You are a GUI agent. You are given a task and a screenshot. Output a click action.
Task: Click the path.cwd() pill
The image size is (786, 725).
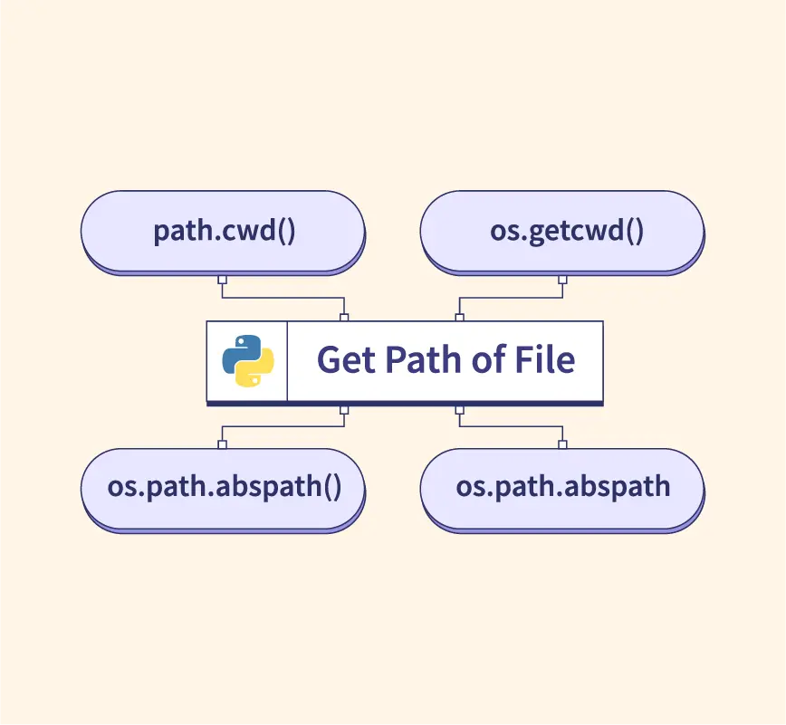pos(223,231)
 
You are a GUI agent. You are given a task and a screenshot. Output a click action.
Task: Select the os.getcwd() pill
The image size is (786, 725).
pos(561,231)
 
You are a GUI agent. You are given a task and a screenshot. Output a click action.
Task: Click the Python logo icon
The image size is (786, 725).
pos(247,360)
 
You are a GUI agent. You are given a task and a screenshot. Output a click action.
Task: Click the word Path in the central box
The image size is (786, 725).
pos(415,360)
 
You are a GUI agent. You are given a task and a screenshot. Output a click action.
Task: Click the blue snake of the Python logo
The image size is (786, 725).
pos(240,351)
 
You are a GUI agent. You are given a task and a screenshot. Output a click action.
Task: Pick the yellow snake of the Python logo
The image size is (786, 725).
pos(254,370)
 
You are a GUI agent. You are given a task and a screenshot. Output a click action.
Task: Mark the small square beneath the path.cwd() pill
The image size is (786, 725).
pos(222,279)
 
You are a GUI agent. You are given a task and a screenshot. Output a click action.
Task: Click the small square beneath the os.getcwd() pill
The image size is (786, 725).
pos(562,279)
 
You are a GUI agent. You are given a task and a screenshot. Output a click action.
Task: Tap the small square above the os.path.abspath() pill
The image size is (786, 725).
pos(222,444)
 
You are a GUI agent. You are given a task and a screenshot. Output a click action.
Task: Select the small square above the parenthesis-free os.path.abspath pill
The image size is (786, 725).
pos(562,444)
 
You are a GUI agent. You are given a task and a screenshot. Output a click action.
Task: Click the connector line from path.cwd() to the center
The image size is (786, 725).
pos(283,298)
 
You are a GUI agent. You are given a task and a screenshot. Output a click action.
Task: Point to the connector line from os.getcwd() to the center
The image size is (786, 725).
pos(511,298)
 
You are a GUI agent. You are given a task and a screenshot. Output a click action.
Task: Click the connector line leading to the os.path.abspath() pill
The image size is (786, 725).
pos(283,425)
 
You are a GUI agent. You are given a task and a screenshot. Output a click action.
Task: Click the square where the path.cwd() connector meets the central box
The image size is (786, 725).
pos(344,317)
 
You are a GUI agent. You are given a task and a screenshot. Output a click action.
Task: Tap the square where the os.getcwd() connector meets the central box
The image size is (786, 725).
pos(459,317)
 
